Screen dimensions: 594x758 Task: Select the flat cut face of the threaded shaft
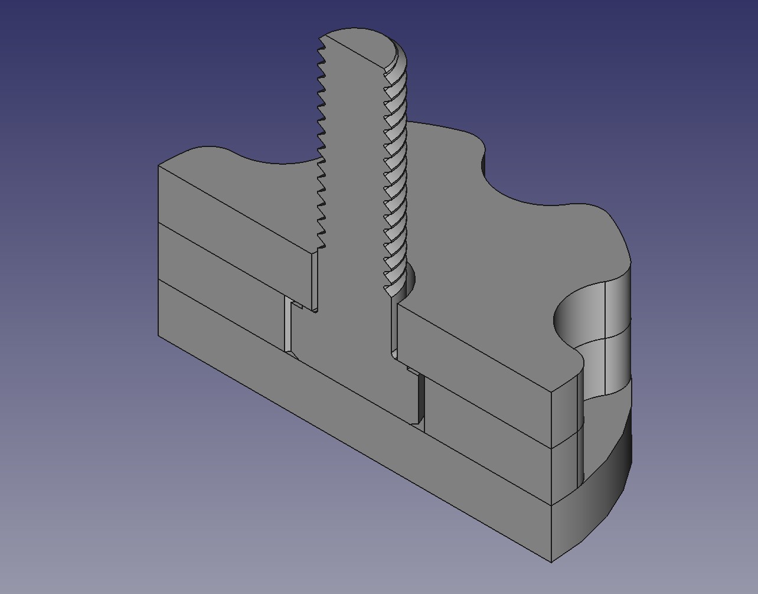354,177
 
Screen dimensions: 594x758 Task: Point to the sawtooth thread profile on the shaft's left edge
322,148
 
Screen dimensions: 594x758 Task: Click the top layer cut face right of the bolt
472,354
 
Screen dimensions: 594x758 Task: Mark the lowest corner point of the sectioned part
551,562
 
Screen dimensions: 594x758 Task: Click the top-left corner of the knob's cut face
159,166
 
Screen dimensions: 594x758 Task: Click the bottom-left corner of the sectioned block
159,336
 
